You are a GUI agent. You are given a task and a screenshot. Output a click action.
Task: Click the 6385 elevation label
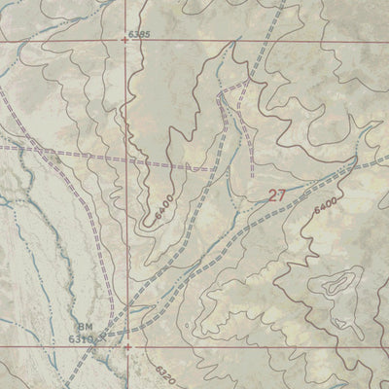(x=140, y=35)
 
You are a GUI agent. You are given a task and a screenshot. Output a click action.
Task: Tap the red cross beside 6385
(x=125, y=41)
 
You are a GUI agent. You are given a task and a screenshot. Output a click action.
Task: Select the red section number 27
(x=277, y=195)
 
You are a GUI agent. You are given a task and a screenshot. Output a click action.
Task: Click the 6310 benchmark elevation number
(x=82, y=339)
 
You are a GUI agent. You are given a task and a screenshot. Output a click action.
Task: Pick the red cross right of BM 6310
(x=126, y=344)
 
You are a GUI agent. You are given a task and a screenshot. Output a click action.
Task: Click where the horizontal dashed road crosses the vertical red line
(x=126, y=160)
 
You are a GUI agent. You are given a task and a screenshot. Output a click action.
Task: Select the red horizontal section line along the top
(x=243, y=42)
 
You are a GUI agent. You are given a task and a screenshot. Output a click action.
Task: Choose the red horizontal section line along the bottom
(x=243, y=345)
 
